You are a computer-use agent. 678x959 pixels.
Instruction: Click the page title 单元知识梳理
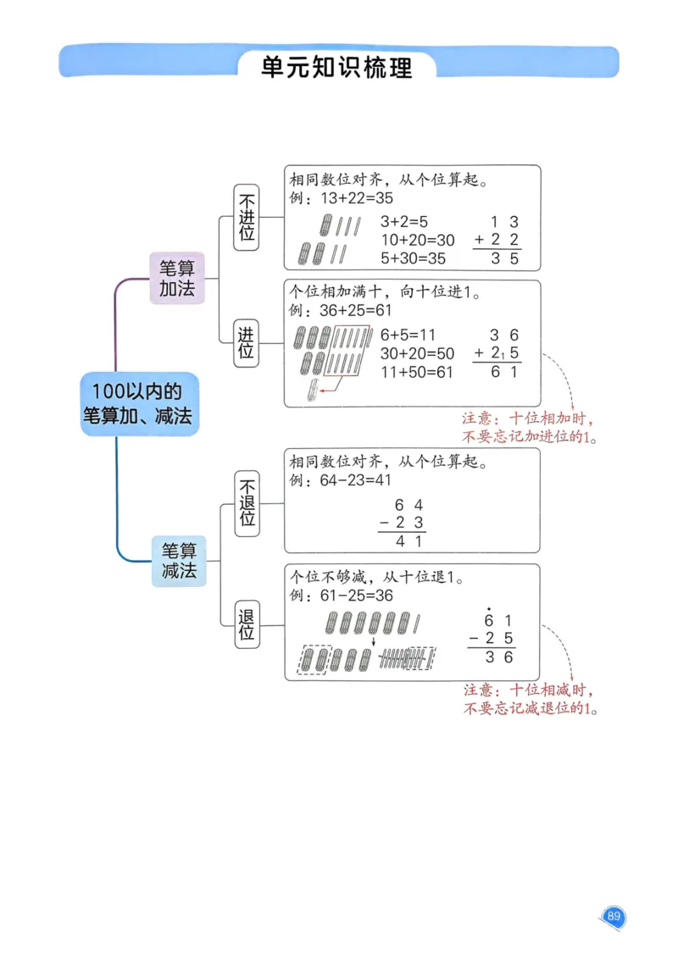(x=337, y=67)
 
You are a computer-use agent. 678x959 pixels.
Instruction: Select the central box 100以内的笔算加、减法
(x=139, y=403)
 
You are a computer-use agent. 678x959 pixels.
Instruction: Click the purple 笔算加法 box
(x=177, y=277)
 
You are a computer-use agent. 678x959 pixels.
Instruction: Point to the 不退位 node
(x=247, y=503)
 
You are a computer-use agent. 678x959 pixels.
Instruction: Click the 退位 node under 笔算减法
(x=247, y=624)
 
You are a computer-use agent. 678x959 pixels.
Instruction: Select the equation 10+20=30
(x=417, y=240)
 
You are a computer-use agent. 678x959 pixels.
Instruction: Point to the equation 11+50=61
(x=417, y=372)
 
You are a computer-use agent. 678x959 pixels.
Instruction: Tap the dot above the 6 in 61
(x=489, y=607)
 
